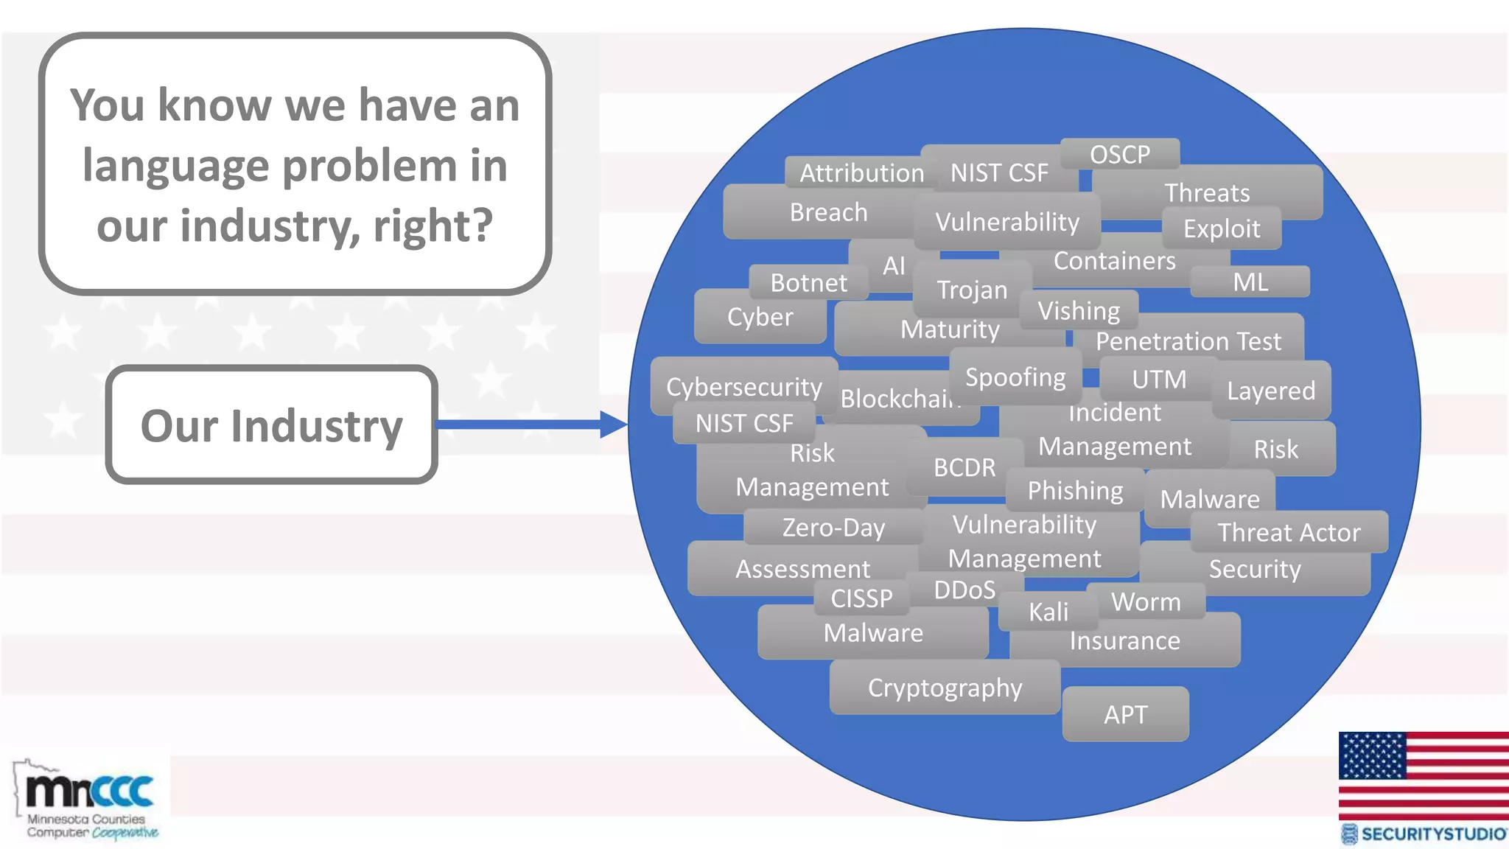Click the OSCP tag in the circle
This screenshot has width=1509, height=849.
[1119, 155]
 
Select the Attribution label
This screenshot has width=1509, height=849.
[861, 173]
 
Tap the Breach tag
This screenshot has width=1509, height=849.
[828, 212]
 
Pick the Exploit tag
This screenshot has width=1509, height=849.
[1221, 228]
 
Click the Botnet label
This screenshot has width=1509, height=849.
[808, 283]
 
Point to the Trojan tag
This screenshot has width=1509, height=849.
[971, 290]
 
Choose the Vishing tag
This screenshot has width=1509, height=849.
[1079, 311]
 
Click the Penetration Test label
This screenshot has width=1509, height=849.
[1188, 341]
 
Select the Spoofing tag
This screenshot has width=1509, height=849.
[1015, 377]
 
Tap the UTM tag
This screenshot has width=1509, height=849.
[1158, 380]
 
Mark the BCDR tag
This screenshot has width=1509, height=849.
[964, 467]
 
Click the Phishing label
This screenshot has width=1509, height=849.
[1075, 491]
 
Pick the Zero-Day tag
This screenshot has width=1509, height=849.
[833, 528]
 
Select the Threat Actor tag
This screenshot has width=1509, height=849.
[1289, 532]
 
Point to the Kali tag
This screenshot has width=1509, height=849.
[1048, 612]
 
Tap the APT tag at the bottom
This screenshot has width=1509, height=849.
[1125, 714]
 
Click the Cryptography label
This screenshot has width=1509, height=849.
[945, 688]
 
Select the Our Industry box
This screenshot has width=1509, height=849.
[271, 425]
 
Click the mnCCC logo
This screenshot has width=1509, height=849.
[88, 800]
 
